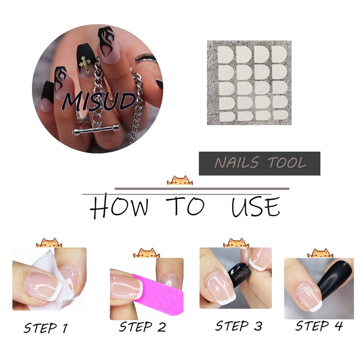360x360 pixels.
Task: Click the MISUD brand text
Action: click(x=99, y=102)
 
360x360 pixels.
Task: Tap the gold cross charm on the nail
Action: click(x=85, y=64)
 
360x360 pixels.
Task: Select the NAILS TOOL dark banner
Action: click(x=260, y=163)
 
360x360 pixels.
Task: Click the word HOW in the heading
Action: click(x=119, y=206)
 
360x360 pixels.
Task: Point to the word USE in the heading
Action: click(x=256, y=207)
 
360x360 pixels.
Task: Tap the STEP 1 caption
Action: click(x=46, y=328)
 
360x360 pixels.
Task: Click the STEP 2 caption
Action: click(x=142, y=327)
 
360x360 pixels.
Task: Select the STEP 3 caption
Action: click(x=238, y=326)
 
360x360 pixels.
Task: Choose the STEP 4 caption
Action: click(x=319, y=326)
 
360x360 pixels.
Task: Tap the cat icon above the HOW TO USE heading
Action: click(x=180, y=180)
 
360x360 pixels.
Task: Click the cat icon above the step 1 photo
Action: click(x=49, y=243)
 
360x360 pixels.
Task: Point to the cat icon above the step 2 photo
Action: click(x=147, y=253)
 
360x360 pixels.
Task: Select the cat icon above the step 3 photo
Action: click(x=236, y=243)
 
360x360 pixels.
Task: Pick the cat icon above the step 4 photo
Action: click(x=320, y=253)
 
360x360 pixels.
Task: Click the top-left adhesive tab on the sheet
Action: click(x=225, y=54)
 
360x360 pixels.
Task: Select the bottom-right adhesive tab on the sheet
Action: click(x=281, y=115)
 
